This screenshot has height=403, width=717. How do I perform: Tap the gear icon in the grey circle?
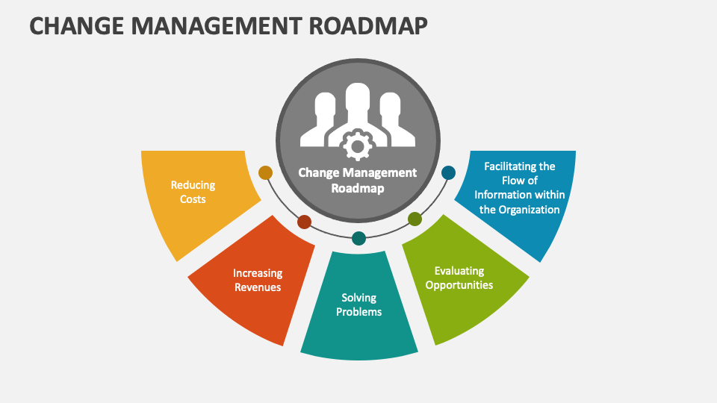[357, 144]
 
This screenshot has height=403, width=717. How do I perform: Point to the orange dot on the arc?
[265, 172]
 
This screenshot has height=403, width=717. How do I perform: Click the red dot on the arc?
[304, 222]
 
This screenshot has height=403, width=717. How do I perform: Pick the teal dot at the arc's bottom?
[358, 238]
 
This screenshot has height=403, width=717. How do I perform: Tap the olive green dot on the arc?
[415, 219]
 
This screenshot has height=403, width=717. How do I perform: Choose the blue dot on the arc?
[448, 172]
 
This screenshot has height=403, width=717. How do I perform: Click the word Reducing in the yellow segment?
[193, 185]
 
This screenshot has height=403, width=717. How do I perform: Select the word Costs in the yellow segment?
[193, 199]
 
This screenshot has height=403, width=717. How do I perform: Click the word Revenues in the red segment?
[257, 287]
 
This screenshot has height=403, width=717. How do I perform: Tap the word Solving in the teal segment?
[358, 298]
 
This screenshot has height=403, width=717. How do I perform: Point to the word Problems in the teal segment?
[358, 312]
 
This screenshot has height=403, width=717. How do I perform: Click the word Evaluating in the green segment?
[459, 271]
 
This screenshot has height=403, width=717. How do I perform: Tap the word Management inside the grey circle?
[381, 172]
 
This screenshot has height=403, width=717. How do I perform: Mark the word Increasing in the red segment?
[257, 273]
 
